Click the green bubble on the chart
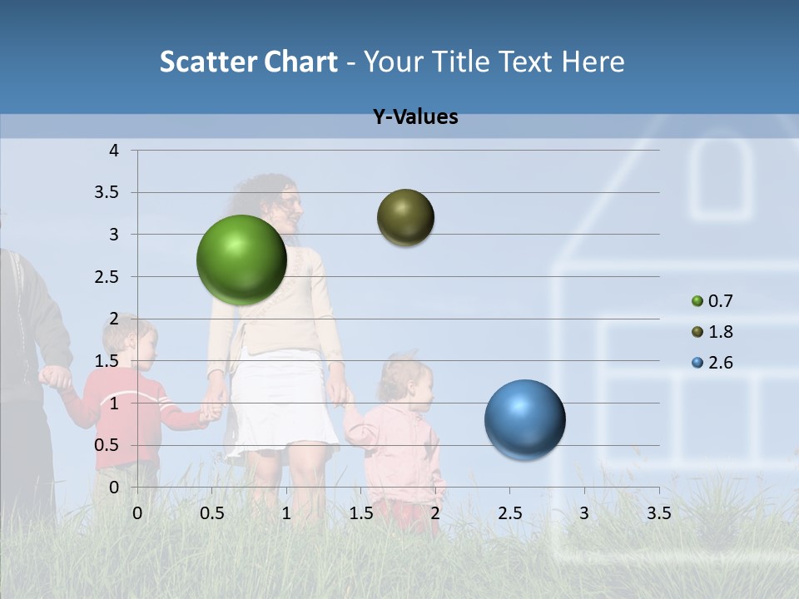pos(241,260)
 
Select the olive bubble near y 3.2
pos(405,218)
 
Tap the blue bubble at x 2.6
pos(524,419)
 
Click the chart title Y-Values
pos(415,117)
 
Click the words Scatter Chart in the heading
pos(248,62)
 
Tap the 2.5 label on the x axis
pos(509,513)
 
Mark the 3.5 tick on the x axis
pos(658,513)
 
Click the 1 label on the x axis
pos(286,513)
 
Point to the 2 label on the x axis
pos(435,513)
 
